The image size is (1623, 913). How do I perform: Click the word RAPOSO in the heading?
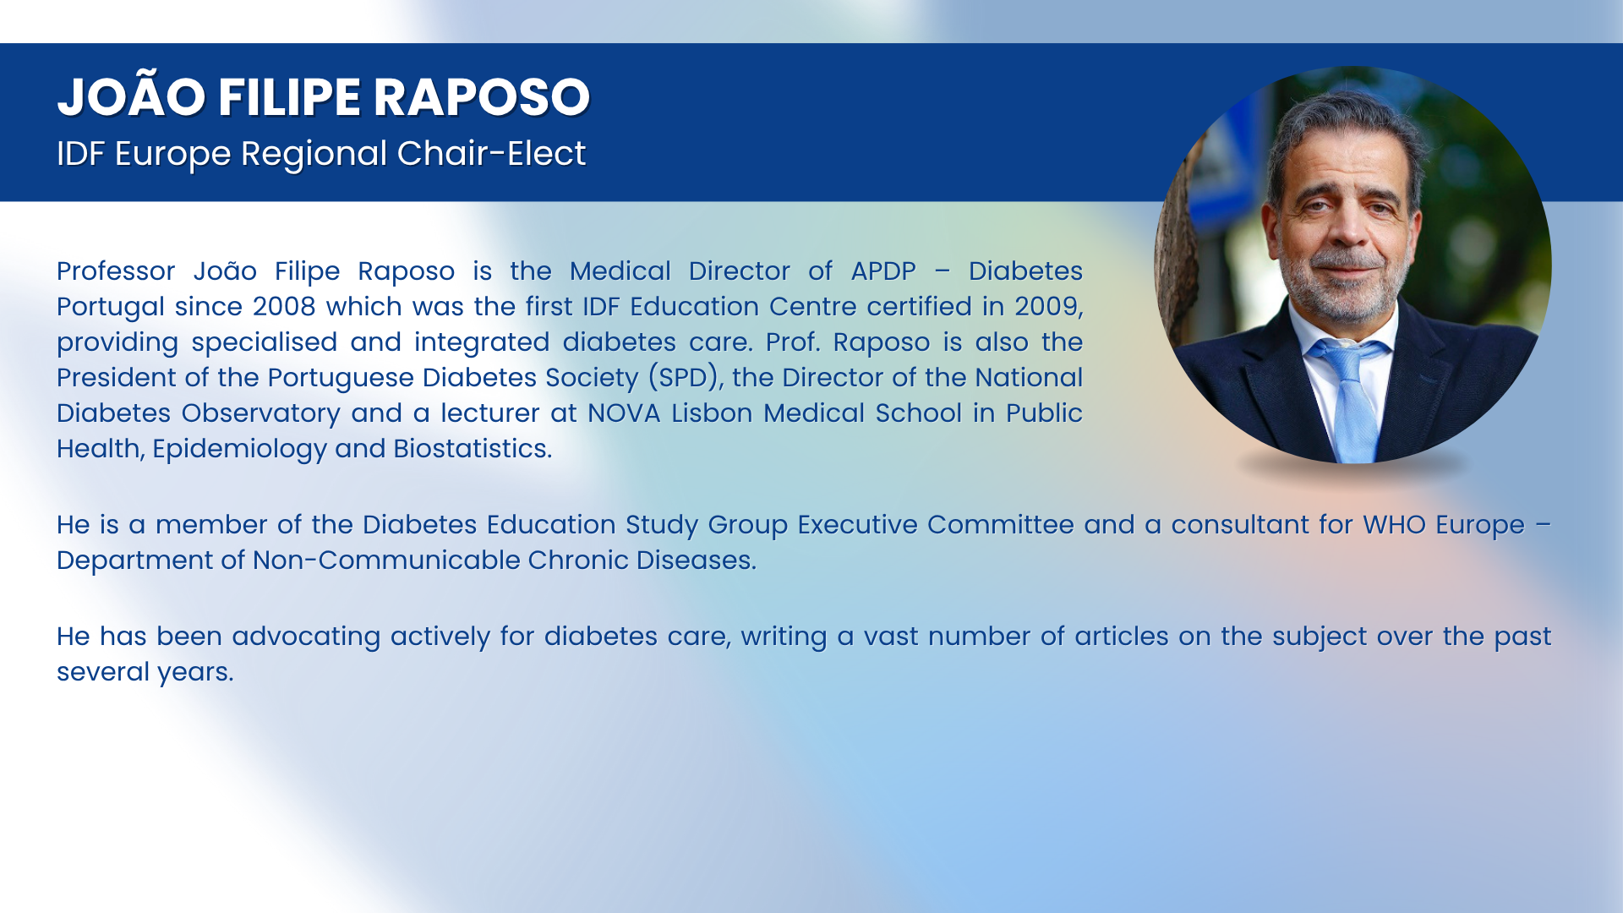(482, 97)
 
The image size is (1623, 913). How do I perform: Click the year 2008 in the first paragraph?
(285, 306)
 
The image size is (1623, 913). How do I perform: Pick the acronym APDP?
(883, 271)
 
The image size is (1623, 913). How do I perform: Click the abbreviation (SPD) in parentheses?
(686, 378)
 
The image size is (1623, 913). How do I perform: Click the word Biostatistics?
(473, 449)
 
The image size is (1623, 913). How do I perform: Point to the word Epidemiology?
(239, 450)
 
